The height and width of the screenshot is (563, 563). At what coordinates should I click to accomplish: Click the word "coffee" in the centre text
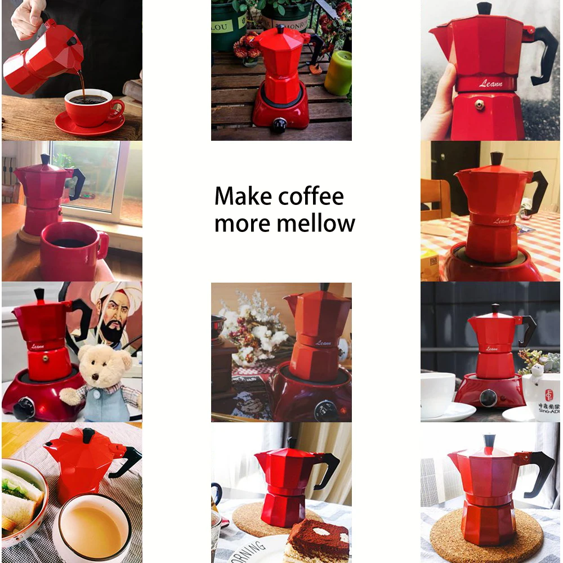point(311,196)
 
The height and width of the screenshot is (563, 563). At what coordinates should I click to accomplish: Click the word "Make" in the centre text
point(244,196)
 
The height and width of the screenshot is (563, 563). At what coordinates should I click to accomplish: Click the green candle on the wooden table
point(338,73)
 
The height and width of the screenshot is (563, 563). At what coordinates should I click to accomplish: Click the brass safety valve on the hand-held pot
point(480,105)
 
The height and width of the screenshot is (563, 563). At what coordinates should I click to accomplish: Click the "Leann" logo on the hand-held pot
point(490,83)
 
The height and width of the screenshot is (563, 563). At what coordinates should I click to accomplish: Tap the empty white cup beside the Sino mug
point(436,394)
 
